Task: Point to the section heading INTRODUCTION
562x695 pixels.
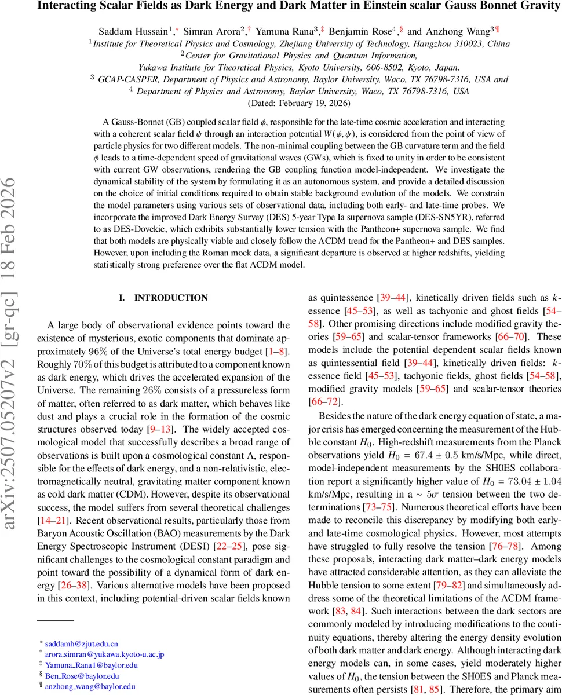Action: (171, 298)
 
